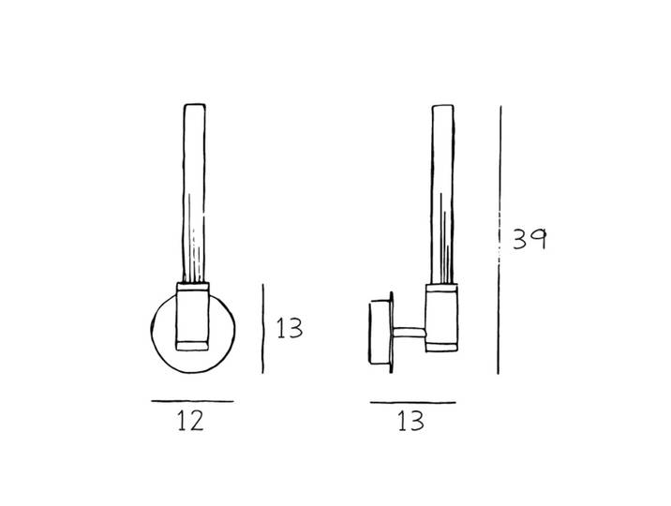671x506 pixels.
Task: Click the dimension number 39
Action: (x=529, y=239)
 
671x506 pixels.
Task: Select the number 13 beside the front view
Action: (x=290, y=328)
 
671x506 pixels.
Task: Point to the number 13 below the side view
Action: (x=410, y=421)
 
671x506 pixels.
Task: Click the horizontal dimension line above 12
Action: (x=192, y=401)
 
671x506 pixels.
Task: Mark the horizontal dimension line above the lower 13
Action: (x=413, y=403)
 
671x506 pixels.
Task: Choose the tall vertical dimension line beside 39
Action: (x=500, y=240)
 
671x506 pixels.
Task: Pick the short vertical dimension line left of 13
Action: (x=262, y=329)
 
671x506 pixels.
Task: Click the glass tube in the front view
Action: (x=194, y=192)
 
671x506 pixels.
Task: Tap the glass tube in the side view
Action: (x=442, y=194)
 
